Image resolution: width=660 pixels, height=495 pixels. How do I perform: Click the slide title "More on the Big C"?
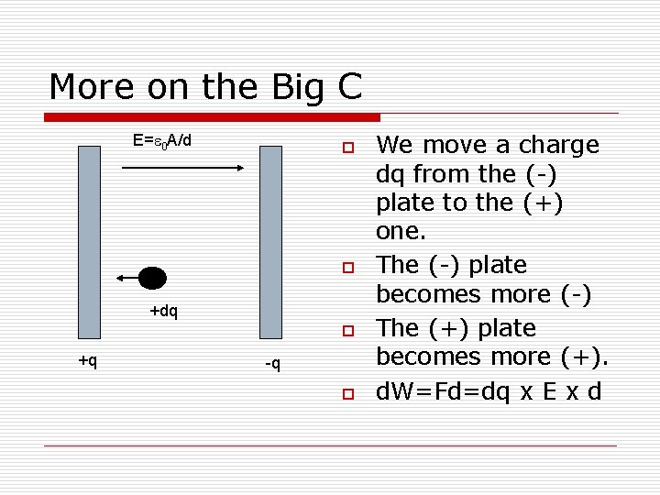(205, 87)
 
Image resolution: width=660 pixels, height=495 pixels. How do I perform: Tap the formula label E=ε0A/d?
(162, 141)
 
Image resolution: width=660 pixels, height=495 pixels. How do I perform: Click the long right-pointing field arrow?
(192, 168)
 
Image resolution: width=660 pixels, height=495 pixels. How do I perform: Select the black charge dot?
(152, 278)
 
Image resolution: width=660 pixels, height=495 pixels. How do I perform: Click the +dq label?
(163, 311)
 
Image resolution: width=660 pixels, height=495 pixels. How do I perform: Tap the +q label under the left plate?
(88, 361)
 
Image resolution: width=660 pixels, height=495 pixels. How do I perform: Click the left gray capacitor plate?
(89, 242)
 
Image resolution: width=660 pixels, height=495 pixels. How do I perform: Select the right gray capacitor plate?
(270, 242)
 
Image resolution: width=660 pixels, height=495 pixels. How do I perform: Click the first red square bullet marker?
(347, 148)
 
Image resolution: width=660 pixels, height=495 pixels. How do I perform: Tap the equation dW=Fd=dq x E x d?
(489, 392)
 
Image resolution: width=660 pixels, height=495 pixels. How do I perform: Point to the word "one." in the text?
(401, 232)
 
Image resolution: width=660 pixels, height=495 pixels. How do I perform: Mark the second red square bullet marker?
(347, 268)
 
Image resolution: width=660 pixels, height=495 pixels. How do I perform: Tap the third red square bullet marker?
(347, 330)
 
